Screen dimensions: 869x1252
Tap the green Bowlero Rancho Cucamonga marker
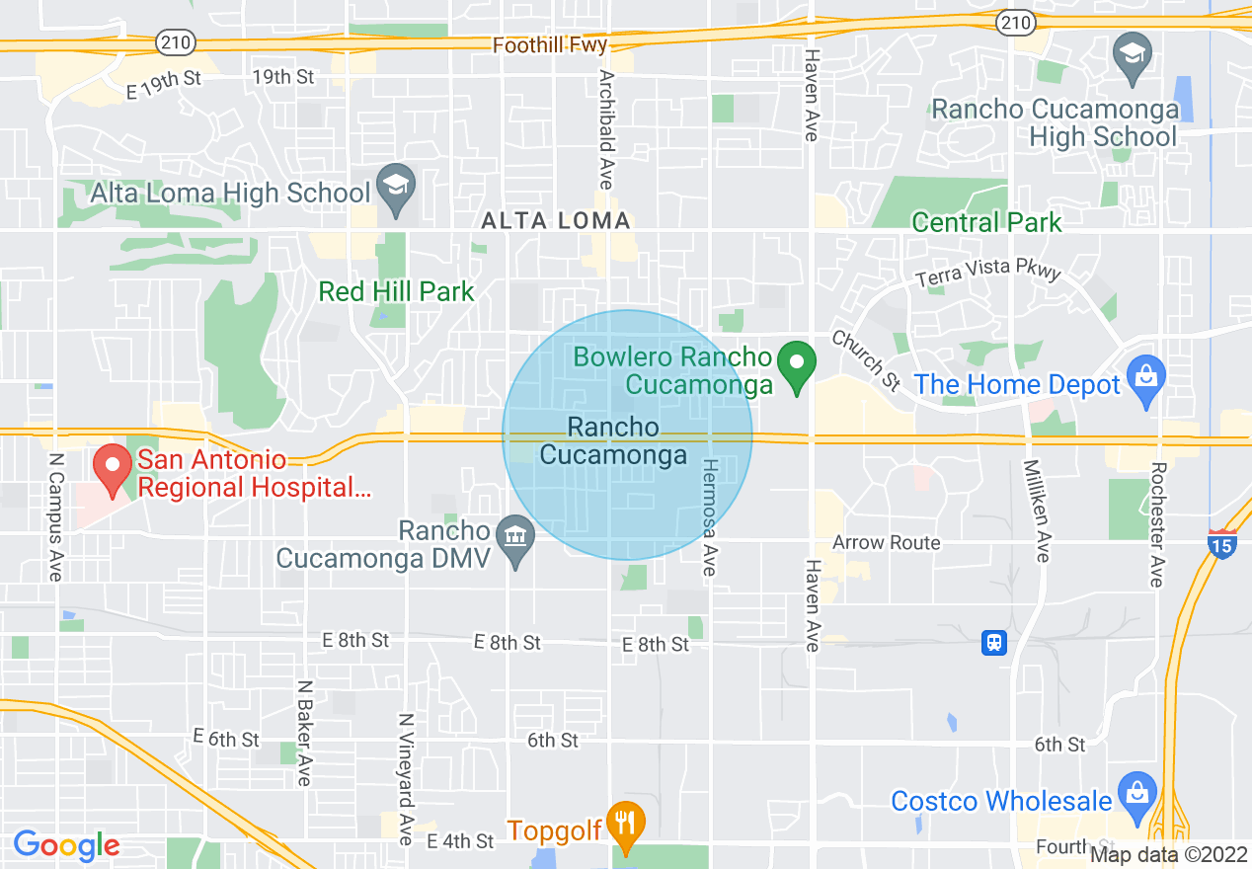[x=797, y=365]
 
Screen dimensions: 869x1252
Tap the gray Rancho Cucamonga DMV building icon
[x=514, y=540]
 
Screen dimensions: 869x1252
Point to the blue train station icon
[x=994, y=643]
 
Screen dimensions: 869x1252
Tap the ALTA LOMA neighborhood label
[x=555, y=221]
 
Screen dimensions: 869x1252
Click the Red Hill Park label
[x=396, y=291]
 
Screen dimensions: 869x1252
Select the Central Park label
[x=986, y=222]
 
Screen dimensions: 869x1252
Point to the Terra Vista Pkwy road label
[x=987, y=274]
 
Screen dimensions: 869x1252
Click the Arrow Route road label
[x=886, y=542]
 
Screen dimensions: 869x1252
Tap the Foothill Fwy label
[x=550, y=45]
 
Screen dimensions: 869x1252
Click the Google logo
[x=66, y=844]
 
